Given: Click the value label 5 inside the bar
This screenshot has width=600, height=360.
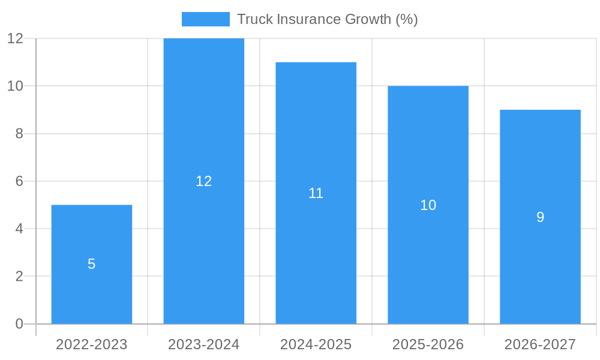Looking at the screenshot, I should (92, 264).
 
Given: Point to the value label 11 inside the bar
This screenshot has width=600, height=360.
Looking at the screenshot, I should (316, 193).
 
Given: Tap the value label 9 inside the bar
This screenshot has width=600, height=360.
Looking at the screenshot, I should (540, 217).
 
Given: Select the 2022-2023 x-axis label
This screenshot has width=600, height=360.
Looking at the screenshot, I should (92, 344).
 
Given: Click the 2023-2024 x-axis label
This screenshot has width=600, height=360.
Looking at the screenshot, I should (204, 344).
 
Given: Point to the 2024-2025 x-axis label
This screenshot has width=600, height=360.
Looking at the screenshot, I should (316, 344).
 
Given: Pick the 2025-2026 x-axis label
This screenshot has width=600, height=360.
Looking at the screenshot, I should (428, 344).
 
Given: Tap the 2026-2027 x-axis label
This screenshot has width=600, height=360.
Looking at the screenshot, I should (540, 344).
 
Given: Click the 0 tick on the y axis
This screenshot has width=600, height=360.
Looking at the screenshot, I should (19, 324).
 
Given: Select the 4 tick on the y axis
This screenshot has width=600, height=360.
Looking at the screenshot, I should (19, 229).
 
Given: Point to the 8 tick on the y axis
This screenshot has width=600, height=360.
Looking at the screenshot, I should (19, 134).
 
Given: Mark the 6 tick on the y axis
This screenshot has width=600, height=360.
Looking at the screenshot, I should (19, 181).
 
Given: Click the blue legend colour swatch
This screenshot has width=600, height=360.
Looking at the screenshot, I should (206, 19).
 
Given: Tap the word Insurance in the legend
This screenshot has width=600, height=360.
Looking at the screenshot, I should (307, 19).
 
